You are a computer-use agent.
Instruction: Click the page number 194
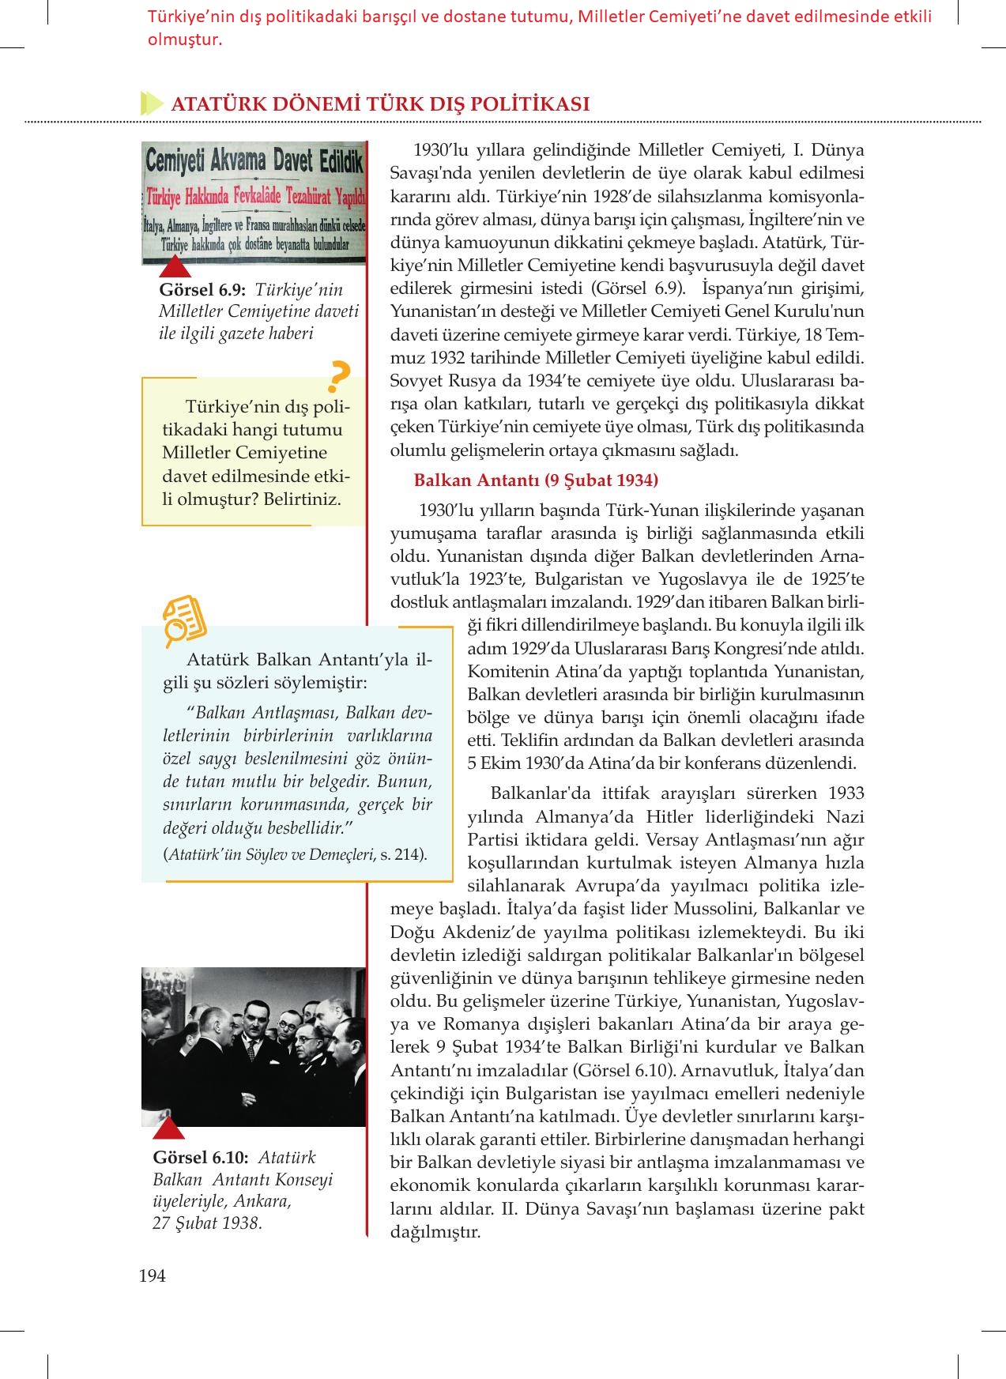click(152, 1275)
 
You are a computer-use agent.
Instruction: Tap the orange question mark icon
click(338, 377)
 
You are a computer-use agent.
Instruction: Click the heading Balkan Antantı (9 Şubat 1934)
click(536, 480)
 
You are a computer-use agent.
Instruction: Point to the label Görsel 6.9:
click(202, 290)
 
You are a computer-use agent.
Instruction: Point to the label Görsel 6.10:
click(201, 1157)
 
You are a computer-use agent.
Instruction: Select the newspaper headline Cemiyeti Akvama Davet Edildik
click(254, 164)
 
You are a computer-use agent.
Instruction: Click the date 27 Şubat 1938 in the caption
click(206, 1223)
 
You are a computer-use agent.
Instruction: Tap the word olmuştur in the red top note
click(184, 40)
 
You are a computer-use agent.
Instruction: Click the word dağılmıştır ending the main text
click(435, 1231)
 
